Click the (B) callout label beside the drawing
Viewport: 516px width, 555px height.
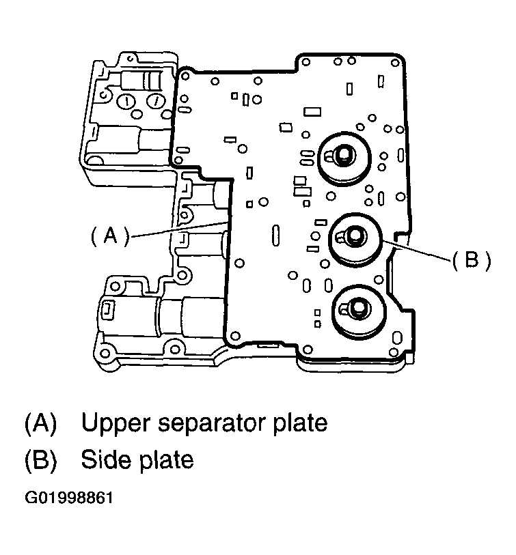(471, 261)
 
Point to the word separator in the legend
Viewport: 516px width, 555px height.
(215, 423)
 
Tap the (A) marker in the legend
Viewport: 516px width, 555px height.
(40, 423)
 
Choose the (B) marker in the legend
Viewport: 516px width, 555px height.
(40, 459)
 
